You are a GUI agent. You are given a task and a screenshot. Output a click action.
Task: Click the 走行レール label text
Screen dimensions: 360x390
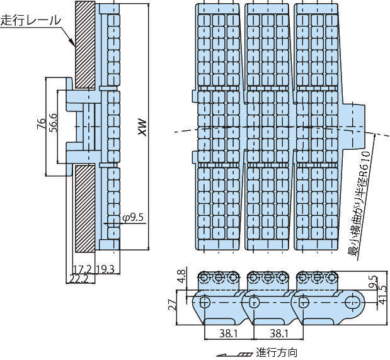(31, 20)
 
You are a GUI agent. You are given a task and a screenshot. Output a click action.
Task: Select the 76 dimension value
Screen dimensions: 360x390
(40, 123)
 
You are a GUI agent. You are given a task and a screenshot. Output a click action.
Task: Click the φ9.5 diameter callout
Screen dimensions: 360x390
(134, 217)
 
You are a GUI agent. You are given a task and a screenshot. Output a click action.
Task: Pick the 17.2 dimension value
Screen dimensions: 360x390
(82, 269)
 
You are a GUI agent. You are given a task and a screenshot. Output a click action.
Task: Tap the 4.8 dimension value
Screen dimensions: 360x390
(182, 277)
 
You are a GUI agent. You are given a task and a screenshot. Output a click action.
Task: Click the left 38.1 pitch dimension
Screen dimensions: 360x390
(229, 331)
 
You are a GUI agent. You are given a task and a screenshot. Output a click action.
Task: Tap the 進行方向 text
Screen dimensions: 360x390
(276, 352)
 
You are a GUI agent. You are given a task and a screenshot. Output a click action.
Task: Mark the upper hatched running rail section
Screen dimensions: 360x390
(84, 44)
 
